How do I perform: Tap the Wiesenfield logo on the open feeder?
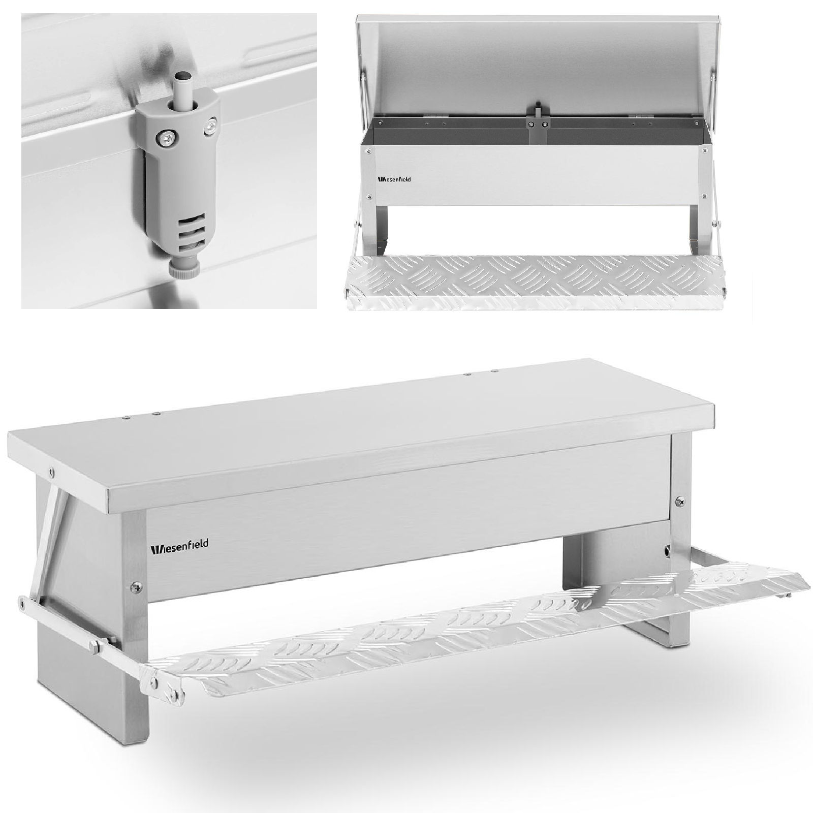(394, 179)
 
